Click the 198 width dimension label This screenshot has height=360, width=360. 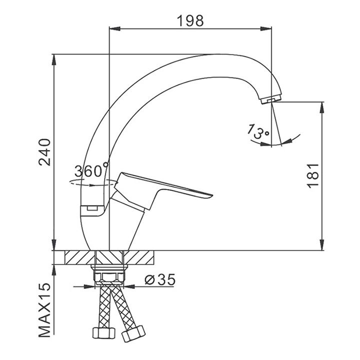pos(190,21)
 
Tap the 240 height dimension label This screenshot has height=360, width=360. pos(44,152)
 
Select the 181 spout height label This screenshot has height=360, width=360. pos(313,175)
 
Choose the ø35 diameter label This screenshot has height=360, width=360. pos(160,279)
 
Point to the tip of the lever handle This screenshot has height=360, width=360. pos(212,196)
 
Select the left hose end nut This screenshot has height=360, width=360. pos(103,333)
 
